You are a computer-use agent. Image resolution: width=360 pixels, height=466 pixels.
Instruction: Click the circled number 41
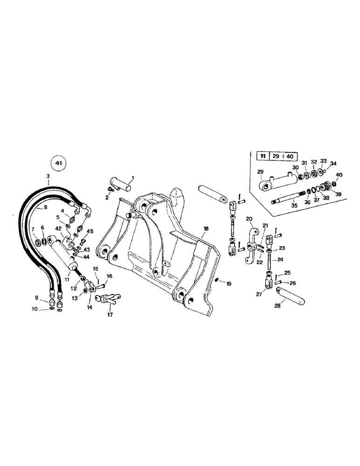(x=58, y=164)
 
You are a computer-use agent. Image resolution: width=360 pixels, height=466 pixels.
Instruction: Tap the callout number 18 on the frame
(x=205, y=229)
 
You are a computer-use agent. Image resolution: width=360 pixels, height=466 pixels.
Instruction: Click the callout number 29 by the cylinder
(x=260, y=172)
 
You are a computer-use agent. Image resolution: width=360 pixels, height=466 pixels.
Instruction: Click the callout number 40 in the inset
(x=339, y=175)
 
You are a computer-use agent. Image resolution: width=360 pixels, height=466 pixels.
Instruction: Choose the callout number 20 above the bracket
(x=249, y=219)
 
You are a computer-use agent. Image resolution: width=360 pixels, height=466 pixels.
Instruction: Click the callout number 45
(x=90, y=232)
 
